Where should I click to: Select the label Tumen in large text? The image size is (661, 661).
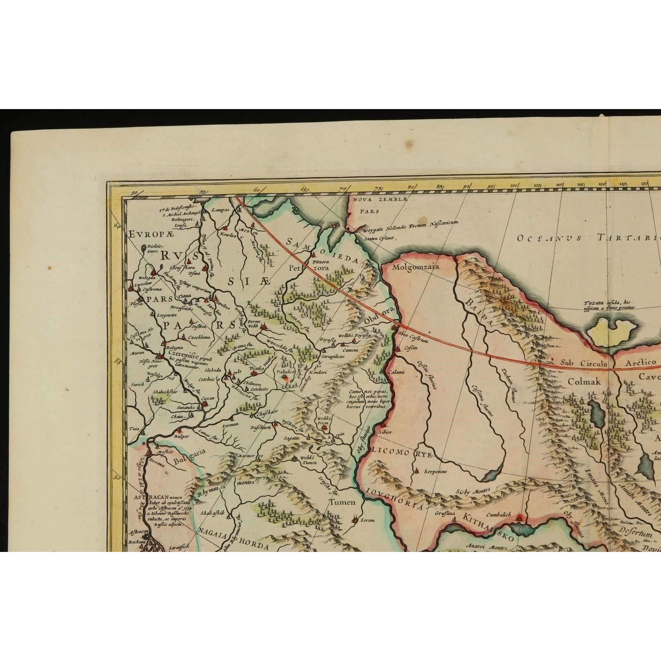point(342,502)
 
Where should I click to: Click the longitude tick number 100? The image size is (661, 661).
point(514,185)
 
